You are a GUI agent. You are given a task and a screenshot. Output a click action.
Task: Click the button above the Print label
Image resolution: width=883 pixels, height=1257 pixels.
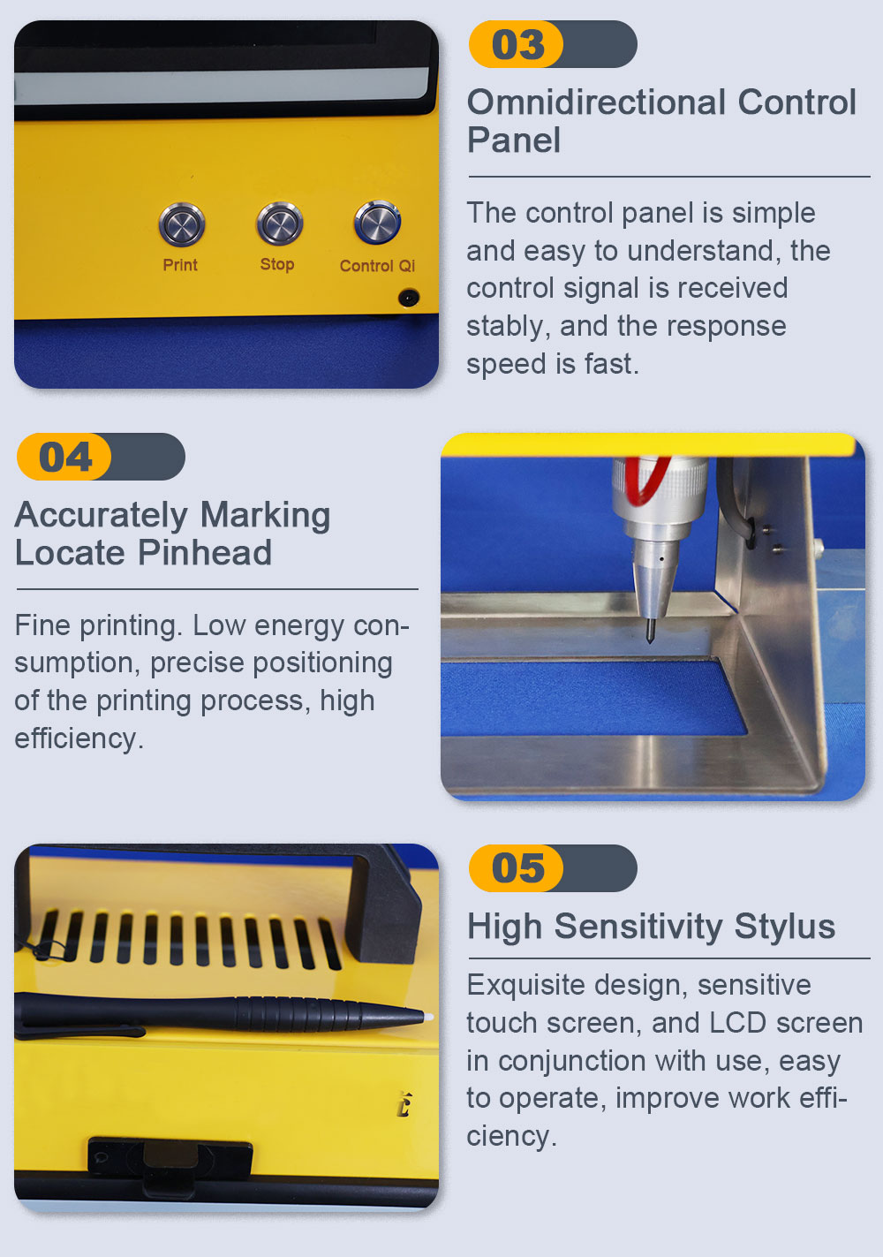182,224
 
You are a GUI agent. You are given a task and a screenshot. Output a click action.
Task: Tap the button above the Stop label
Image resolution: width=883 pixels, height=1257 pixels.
279,223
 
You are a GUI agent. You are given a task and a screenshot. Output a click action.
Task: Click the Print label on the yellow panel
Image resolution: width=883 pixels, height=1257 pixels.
180,264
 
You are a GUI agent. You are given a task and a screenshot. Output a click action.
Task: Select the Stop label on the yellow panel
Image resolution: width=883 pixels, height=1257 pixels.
277,264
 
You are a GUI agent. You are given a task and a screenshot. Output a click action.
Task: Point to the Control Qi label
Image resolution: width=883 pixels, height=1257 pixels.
377,265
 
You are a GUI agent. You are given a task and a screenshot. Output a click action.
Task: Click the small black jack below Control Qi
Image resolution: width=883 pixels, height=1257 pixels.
409,297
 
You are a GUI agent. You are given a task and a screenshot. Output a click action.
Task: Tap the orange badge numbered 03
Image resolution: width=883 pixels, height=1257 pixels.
516,44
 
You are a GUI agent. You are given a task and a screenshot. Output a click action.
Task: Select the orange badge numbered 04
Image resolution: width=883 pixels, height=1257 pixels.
64,456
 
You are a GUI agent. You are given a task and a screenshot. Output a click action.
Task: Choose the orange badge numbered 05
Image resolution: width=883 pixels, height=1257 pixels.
516,868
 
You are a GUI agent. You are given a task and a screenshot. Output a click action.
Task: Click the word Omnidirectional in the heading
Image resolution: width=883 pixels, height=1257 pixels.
596,102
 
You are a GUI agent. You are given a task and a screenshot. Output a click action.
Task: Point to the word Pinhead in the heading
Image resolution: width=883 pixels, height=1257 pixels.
205,553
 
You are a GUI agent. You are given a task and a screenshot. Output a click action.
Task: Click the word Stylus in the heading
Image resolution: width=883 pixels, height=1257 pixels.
784,927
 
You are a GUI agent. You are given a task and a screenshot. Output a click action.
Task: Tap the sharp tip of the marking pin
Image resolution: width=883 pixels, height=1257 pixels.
650,641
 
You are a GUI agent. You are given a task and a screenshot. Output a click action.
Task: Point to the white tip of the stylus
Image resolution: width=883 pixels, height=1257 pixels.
429,1016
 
